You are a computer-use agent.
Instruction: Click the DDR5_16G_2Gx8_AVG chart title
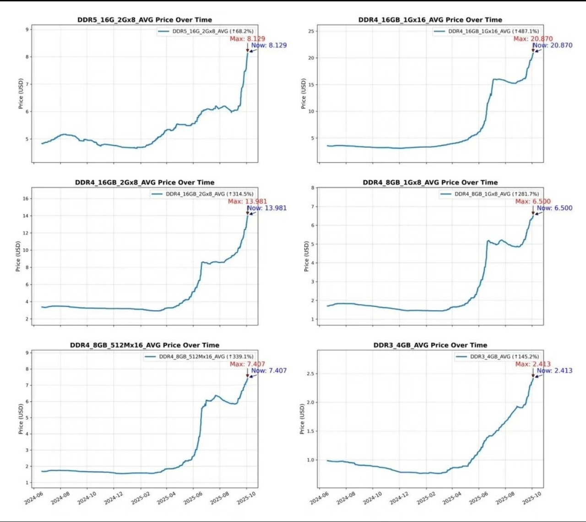pyautogui.click(x=144, y=20)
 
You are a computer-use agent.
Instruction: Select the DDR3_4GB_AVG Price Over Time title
pyautogui.click(x=430, y=345)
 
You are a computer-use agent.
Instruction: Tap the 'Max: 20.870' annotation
pyautogui.click(x=533, y=39)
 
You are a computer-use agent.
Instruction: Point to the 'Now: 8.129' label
pyautogui.click(x=269, y=45)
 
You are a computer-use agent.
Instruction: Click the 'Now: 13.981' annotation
pyautogui.click(x=267, y=208)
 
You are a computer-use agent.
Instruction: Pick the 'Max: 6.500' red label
pyautogui.click(x=533, y=201)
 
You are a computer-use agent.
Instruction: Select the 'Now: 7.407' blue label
pyautogui.click(x=269, y=371)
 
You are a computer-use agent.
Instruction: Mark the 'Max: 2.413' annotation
pyautogui.click(x=533, y=364)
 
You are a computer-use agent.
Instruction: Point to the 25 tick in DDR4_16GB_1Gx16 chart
pyautogui.click(x=311, y=31)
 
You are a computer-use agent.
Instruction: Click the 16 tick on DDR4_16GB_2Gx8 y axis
pyautogui.click(x=26, y=199)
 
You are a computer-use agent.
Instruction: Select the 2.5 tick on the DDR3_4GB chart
pyautogui.click(x=310, y=374)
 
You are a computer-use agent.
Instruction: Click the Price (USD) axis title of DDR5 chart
pyautogui.click(x=21, y=93)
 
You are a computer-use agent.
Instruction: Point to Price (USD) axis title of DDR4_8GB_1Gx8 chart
pyautogui.click(x=306, y=256)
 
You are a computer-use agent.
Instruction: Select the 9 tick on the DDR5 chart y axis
pyautogui.click(x=27, y=29)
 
